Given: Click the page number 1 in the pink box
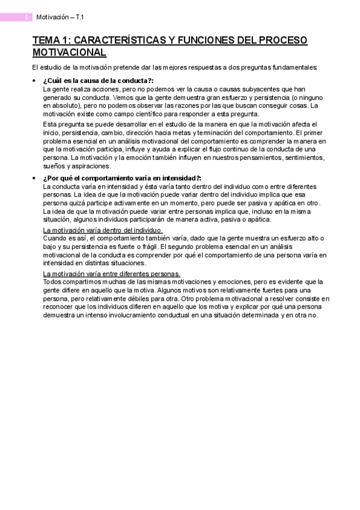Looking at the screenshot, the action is click(26, 17).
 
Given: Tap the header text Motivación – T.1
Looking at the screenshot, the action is click(60, 17).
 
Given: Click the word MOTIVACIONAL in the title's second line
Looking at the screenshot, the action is click(69, 52).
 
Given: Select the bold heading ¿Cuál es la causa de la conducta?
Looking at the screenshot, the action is click(98, 81).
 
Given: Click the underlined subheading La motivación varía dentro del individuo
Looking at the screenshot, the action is click(103, 230).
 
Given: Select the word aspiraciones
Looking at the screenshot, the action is click(91, 165).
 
